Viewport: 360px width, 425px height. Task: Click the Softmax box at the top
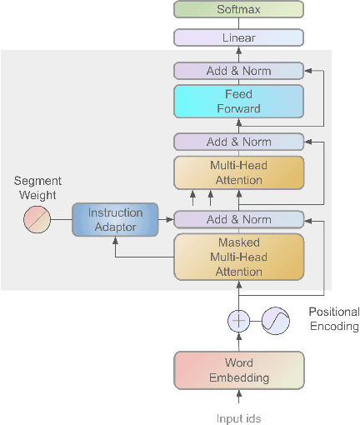click(238, 9)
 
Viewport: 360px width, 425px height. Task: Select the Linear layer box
click(238, 37)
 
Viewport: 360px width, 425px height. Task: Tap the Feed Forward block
click(238, 102)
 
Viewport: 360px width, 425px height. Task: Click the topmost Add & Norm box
click(238, 71)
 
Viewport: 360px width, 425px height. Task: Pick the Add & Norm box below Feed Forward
click(238, 142)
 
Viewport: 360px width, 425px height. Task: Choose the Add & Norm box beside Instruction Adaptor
click(238, 219)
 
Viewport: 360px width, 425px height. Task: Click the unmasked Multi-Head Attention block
click(238, 172)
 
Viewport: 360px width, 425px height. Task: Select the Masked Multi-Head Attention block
click(238, 257)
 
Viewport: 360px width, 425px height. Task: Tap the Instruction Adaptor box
click(115, 220)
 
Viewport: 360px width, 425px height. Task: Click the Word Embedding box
click(238, 370)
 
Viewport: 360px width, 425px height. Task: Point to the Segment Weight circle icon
click(37, 220)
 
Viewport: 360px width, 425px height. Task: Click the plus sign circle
click(239, 321)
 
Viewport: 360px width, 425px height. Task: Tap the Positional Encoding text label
click(333, 319)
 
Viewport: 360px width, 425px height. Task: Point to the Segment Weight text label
click(35, 188)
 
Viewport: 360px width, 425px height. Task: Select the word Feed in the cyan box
click(238, 95)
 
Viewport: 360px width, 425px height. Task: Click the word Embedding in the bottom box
click(238, 377)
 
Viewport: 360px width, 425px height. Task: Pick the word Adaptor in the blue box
click(115, 227)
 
